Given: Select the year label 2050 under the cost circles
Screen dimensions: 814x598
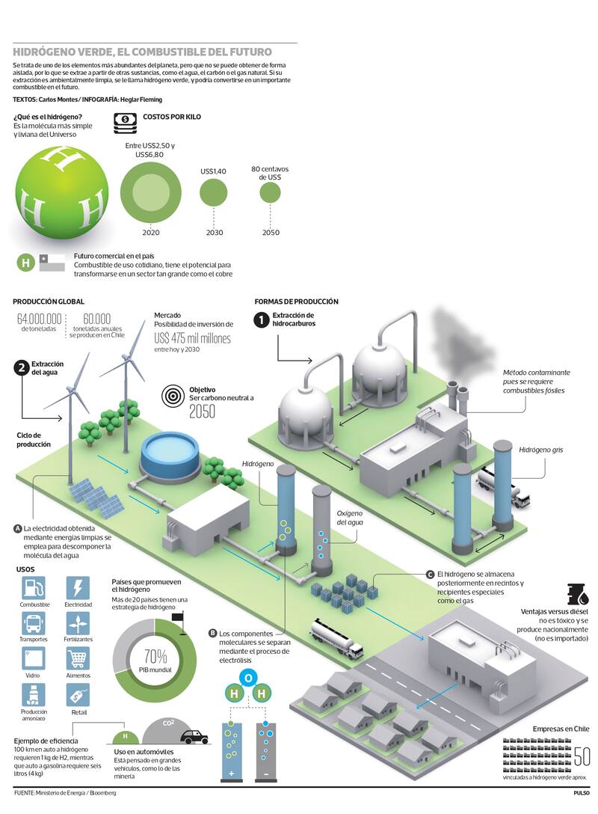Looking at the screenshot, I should click(271, 233).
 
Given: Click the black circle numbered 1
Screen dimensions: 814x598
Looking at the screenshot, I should click(261, 320).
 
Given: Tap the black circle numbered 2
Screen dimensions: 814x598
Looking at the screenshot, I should click(21, 367).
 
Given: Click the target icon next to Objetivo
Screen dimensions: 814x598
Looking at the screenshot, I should click(173, 394).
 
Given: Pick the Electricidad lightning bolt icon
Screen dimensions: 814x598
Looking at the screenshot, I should click(78, 587).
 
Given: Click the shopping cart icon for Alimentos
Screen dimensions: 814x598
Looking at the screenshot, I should click(78, 659).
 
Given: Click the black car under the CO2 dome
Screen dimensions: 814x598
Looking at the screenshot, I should click(194, 737).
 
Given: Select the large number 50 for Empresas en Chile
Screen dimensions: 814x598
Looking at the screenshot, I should click(582, 756).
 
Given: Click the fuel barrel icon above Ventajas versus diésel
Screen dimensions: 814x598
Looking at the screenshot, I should click(577, 594).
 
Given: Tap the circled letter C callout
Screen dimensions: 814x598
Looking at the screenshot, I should click(430, 574).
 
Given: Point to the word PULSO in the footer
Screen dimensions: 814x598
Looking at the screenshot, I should click(582, 793).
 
